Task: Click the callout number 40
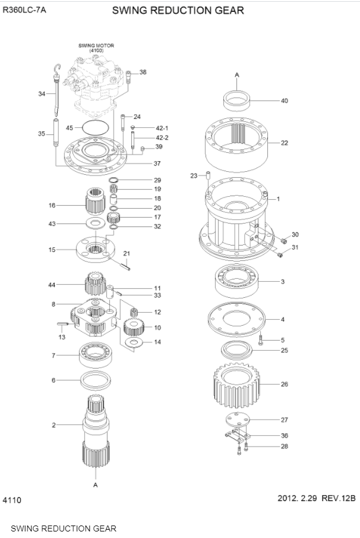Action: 284,100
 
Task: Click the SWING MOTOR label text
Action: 96,45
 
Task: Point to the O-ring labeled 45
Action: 95,127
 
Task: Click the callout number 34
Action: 42,93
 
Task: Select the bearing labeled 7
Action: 97,355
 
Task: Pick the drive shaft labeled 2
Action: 96,425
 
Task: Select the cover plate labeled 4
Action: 236,319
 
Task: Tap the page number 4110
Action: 12,500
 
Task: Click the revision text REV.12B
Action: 338,498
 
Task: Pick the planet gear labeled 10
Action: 134,326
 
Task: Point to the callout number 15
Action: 52,250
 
